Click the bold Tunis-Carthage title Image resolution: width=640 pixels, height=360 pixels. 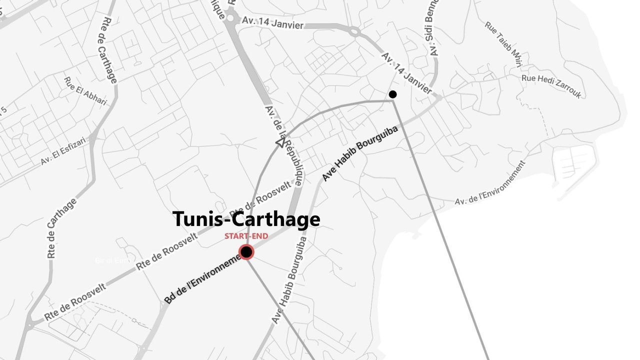[246, 219]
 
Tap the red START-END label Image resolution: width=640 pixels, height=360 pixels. [246, 236]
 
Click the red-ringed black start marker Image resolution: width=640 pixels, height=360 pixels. [246, 252]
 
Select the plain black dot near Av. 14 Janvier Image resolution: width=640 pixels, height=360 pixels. [393, 94]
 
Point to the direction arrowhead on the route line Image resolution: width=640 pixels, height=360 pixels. [280, 143]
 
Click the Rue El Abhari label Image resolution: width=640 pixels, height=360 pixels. [85, 91]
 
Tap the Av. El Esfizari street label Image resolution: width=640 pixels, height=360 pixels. [63, 151]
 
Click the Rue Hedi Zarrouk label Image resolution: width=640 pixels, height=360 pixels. [551, 86]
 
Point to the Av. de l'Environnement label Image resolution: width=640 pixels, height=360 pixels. [490, 183]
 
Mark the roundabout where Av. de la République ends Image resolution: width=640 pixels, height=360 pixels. [230, 18]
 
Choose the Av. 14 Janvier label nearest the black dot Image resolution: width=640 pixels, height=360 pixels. [406, 72]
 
